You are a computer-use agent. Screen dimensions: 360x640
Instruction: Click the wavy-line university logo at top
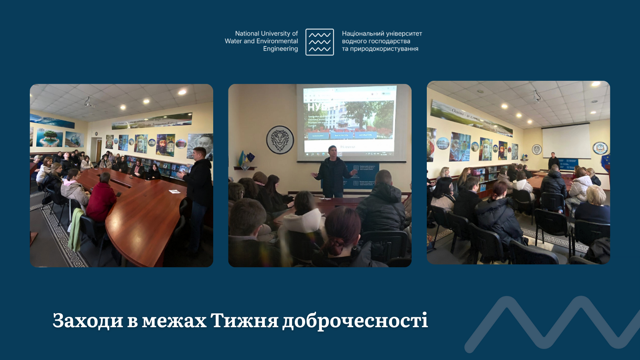320,42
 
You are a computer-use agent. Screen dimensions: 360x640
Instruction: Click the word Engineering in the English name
280,49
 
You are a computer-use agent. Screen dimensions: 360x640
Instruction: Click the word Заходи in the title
88,320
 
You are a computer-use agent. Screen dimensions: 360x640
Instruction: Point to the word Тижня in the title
244,320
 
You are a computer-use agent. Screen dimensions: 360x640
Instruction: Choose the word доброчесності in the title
355,321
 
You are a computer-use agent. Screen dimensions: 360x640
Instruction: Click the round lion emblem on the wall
280,140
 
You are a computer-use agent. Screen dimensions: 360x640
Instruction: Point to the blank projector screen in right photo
566,140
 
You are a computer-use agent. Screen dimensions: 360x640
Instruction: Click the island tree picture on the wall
50,137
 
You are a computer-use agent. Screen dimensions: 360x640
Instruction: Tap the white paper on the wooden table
174,192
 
